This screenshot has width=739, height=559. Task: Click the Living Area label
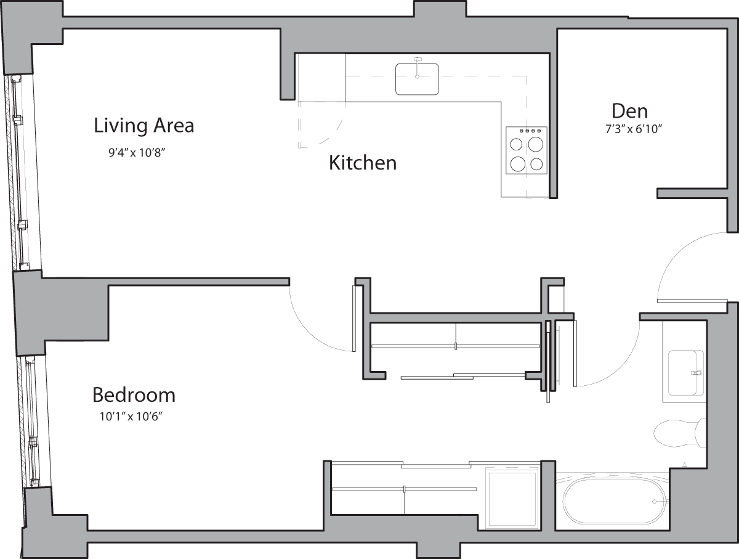143,125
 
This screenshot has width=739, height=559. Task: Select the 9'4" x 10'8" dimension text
137,152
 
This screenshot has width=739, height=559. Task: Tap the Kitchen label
362,163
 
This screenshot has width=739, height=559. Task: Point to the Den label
629,111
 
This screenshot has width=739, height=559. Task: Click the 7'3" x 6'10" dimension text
629,129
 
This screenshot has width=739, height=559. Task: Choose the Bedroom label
134,394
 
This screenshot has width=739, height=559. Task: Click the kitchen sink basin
417,80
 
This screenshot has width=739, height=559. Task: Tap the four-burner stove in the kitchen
527,150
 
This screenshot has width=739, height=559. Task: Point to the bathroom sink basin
685,373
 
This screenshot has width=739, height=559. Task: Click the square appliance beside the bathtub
512,498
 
